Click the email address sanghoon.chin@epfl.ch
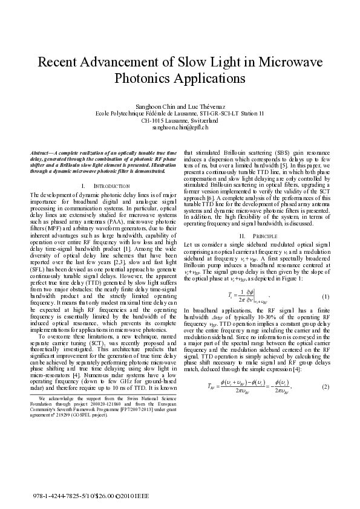(180, 128)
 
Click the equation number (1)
(325, 297)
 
